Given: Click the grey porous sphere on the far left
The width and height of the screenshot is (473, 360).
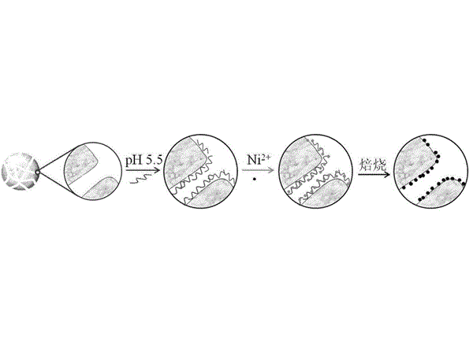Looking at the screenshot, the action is pos(20,172).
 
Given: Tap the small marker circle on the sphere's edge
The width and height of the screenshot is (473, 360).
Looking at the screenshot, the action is pos(37,173).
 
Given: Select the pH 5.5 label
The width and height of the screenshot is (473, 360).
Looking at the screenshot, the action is pos(144,160).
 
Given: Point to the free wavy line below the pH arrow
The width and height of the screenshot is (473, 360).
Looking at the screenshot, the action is pos(139,179).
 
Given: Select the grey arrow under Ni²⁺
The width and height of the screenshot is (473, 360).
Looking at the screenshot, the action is pos(258,170).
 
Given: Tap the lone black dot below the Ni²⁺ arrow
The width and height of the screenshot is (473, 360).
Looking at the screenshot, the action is pos(255,180).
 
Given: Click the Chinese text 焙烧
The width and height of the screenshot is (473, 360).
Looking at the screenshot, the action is pos(373,165).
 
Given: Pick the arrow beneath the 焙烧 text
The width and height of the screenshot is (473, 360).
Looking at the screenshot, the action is pos(374,174).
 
